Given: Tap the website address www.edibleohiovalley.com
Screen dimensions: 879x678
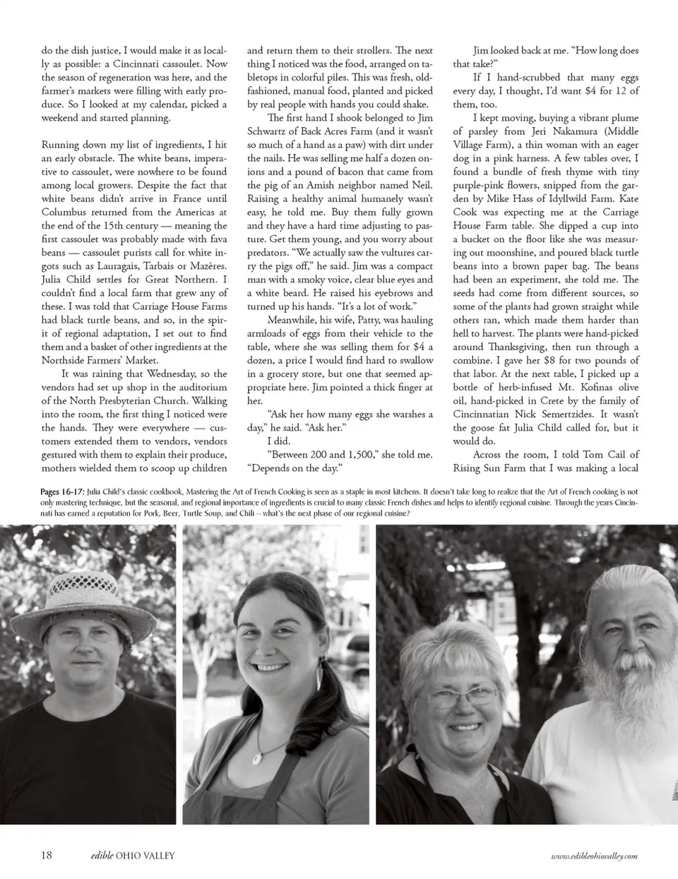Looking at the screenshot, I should point(594,856).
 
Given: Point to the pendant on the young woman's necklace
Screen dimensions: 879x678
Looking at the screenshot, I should point(258,759).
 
